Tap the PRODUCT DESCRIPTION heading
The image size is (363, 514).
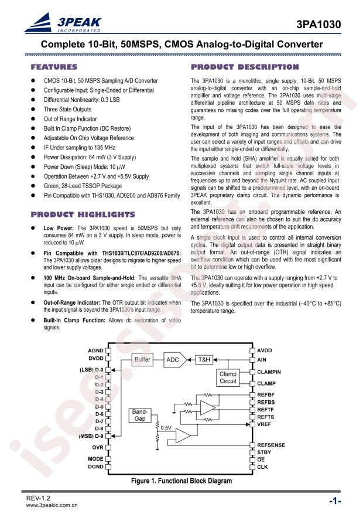click(x=245, y=67)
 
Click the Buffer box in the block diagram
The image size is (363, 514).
click(x=143, y=359)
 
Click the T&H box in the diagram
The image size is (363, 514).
click(x=203, y=359)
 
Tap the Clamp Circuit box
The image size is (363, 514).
click(x=228, y=377)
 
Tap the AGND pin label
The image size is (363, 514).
click(x=95, y=350)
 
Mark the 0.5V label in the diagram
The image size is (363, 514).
click(x=166, y=428)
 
